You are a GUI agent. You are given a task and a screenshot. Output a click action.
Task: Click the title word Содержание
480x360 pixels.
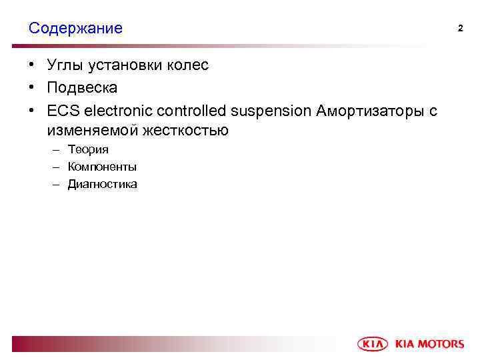point(75,29)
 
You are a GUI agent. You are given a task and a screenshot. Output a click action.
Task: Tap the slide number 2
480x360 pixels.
point(459,28)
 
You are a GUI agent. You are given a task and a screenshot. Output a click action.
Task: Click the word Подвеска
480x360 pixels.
point(82,88)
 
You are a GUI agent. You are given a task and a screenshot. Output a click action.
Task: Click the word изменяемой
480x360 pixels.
point(88,131)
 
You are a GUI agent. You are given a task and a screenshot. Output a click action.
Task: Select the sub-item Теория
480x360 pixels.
point(88,149)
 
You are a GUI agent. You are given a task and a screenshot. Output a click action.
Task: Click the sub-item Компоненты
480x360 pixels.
point(102,167)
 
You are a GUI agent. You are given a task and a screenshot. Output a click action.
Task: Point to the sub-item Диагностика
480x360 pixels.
point(102,184)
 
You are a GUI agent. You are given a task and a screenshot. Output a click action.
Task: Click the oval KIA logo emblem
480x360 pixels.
point(373,343)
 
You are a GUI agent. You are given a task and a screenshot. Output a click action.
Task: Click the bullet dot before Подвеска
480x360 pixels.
point(32,88)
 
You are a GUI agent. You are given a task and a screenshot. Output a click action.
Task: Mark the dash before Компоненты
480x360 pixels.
point(56,167)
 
